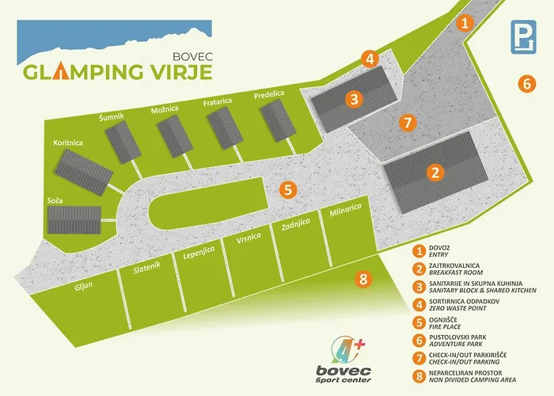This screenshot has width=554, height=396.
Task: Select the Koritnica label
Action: point(69,143)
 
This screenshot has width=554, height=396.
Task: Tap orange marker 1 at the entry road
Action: point(466,22)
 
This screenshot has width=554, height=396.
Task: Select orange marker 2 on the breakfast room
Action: point(434,173)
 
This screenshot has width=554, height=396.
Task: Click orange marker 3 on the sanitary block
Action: point(355,99)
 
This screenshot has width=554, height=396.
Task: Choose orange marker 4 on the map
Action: point(370,58)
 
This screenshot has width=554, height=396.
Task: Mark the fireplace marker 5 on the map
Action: point(288,189)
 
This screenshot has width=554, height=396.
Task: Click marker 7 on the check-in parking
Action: point(407,123)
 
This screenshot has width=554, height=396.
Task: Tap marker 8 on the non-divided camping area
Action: point(362,279)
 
